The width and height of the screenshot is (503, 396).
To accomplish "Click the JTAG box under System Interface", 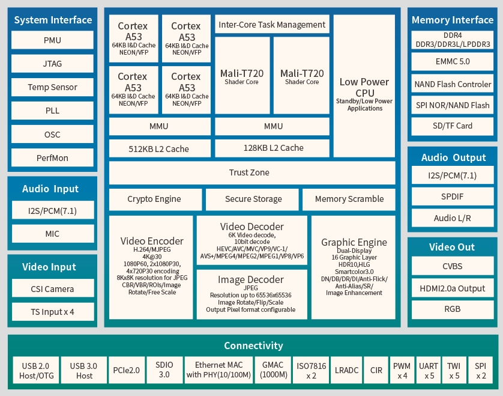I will pyautogui.click(x=52, y=64).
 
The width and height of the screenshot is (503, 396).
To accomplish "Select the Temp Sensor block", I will pyautogui.click(x=52, y=87).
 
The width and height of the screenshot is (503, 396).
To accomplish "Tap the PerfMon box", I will pyautogui.click(x=52, y=158).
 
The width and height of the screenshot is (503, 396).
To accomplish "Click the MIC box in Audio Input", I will pyautogui.click(x=52, y=234).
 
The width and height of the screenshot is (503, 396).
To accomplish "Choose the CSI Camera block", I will pyautogui.click(x=52, y=288).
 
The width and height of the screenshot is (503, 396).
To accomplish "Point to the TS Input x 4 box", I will pyautogui.click(x=52, y=312).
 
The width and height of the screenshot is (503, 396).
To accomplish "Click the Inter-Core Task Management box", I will pyautogui.click(x=272, y=25).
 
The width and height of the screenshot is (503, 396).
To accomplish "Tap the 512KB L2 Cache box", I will pyautogui.click(x=159, y=148).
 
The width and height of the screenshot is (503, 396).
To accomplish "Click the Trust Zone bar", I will pyautogui.click(x=251, y=172).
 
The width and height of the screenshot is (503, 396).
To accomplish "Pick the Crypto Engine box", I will pyautogui.click(x=155, y=199).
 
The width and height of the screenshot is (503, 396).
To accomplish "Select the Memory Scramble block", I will pyautogui.click(x=349, y=199).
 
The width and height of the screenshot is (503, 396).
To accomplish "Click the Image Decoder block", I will pyautogui.click(x=251, y=294).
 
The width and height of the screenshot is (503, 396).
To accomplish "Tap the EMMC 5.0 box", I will pyautogui.click(x=452, y=61).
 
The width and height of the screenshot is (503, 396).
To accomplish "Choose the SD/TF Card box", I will pyautogui.click(x=452, y=126).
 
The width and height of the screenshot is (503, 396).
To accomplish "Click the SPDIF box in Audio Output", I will pyautogui.click(x=452, y=196).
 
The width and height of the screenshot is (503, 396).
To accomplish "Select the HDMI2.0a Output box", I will pyautogui.click(x=452, y=288).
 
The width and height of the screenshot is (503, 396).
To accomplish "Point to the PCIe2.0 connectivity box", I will pyautogui.click(x=126, y=370).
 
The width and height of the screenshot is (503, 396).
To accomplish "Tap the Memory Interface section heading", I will pyautogui.click(x=452, y=20).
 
